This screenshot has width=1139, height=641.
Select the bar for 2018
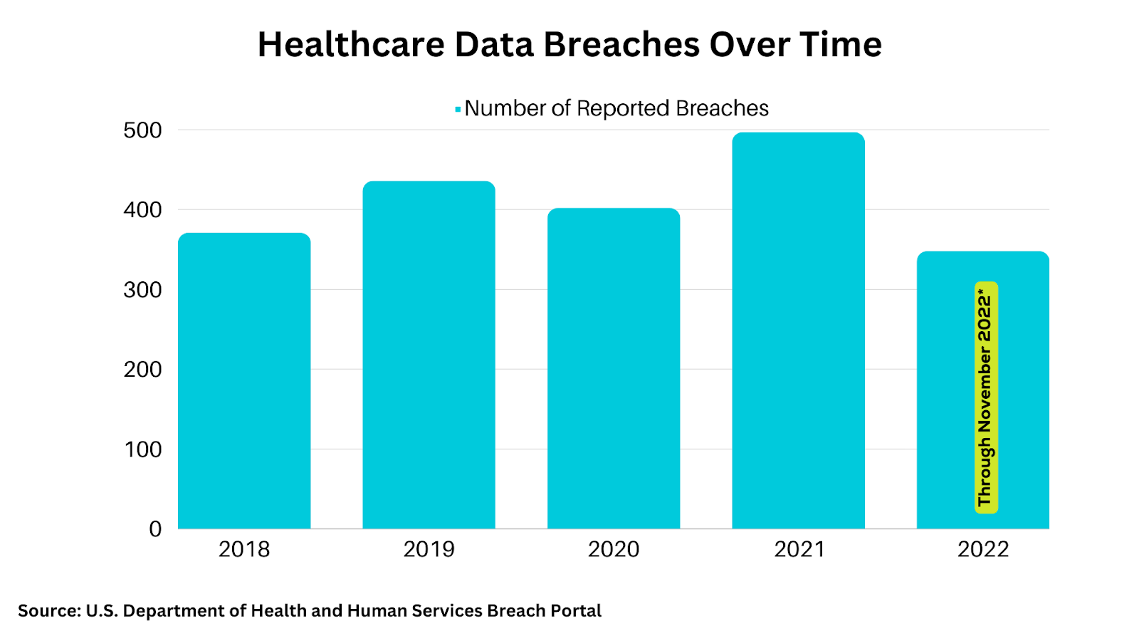coord(244,381)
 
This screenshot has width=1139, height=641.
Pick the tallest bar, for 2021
coord(798,330)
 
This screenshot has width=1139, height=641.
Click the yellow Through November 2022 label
coord(986,397)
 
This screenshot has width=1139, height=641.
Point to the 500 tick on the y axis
coord(142,130)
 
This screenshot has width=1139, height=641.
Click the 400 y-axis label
coord(142,210)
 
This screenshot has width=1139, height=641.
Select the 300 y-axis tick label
coord(142,290)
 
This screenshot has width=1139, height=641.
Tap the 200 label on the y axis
coord(142,370)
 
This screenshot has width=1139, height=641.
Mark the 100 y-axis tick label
coord(142,449)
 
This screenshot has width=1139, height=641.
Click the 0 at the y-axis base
coord(155,529)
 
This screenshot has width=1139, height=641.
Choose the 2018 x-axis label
coord(244,549)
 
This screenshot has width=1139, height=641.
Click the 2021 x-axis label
coord(799,549)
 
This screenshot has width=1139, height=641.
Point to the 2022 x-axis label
coord(983,549)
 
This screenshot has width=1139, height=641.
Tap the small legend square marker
coord(458,109)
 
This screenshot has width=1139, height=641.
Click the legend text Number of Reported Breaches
coord(616,108)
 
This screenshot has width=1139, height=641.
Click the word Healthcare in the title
coord(350,45)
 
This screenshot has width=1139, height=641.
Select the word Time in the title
coord(841,45)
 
